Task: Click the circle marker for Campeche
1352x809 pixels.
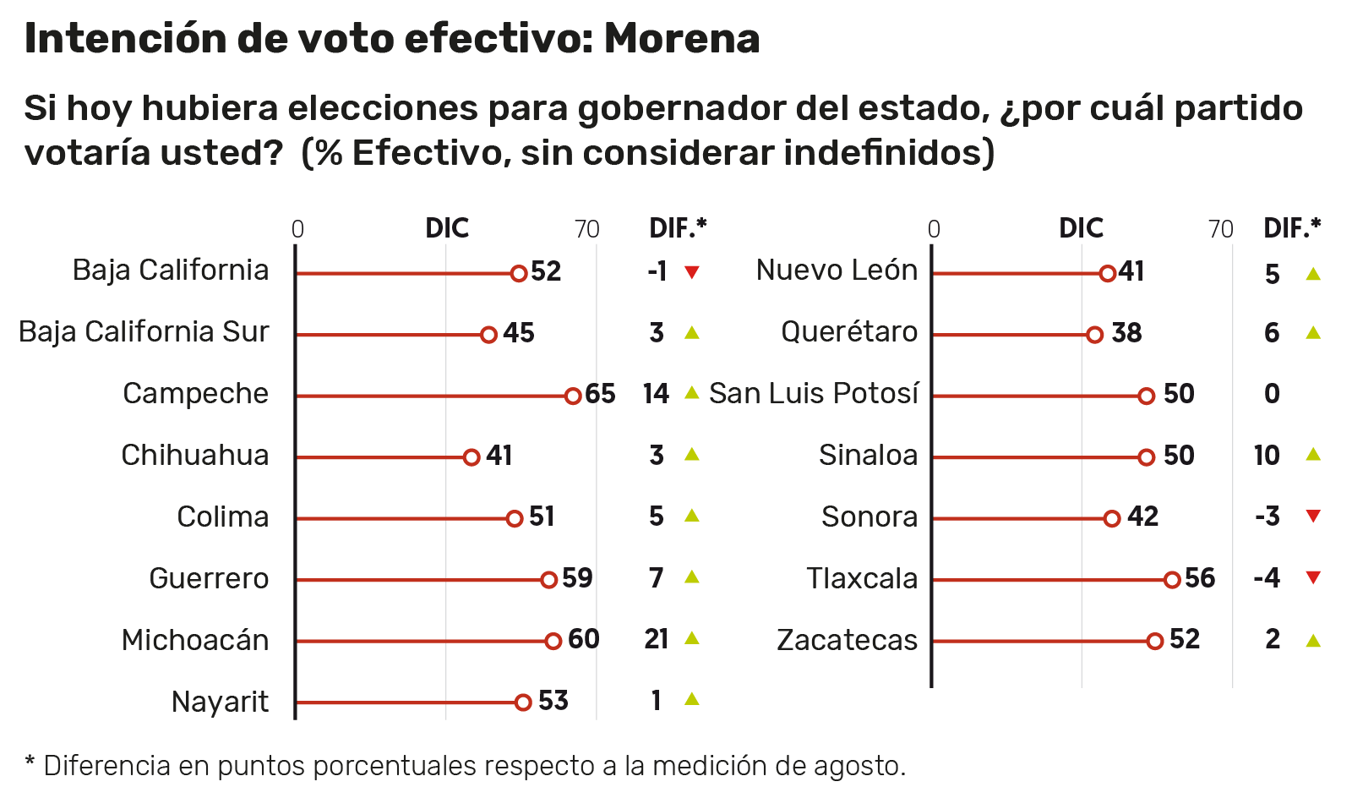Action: pos(572,396)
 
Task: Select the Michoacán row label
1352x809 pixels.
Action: pos(195,640)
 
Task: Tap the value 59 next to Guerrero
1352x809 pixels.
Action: pos(577,578)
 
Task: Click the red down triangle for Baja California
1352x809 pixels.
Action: pos(691,272)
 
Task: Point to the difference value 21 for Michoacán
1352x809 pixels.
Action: pos(656,639)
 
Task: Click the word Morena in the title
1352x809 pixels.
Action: pos(681,39)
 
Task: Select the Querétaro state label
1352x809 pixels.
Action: pos(848,332)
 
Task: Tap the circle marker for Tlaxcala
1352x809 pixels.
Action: pos(1171,579)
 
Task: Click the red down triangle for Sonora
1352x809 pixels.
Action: pos(1312,516)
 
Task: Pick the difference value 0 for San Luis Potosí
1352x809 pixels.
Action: pos(1272,394)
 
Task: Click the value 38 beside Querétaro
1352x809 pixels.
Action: pos(1126,333)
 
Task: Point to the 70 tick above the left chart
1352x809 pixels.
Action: pos(586,230)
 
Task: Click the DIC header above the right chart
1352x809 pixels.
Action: pos(1081,228)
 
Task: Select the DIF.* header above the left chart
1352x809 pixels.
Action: pos(677,228)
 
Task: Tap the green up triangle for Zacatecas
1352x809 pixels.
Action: pos(1312,641)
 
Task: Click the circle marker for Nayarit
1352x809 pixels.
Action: pos(522,702)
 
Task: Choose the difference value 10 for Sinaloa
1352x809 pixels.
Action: pos(1267,456)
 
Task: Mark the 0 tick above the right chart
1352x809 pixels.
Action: pos(933,230)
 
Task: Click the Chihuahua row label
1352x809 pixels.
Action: pos(195,456)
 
